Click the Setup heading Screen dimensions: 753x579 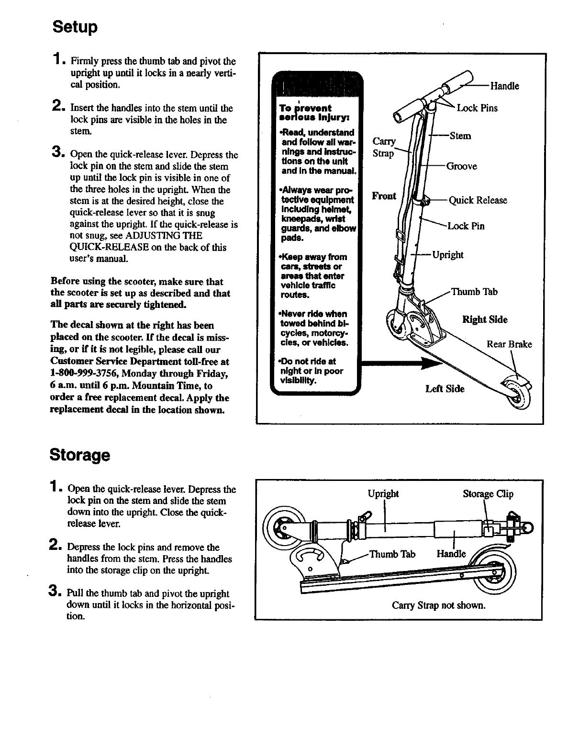tap(75, 26)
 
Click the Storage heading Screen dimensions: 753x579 tap(80, 455)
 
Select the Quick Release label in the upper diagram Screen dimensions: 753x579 tap(478, 200)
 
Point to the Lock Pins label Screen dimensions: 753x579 tap(477, 108)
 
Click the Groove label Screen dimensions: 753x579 tap(461, 166)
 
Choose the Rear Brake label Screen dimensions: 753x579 tap(509, 344)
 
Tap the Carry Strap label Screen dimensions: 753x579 tap(384, 147)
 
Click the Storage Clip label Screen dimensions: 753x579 tap(488, 494)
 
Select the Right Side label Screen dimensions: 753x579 tap(485, 319)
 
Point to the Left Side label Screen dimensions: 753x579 tap(445, 389)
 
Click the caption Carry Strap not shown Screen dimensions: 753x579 tap(438, 605)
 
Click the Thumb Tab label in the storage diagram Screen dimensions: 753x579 tap(392, 554)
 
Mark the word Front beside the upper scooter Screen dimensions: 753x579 tap(384, 195)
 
